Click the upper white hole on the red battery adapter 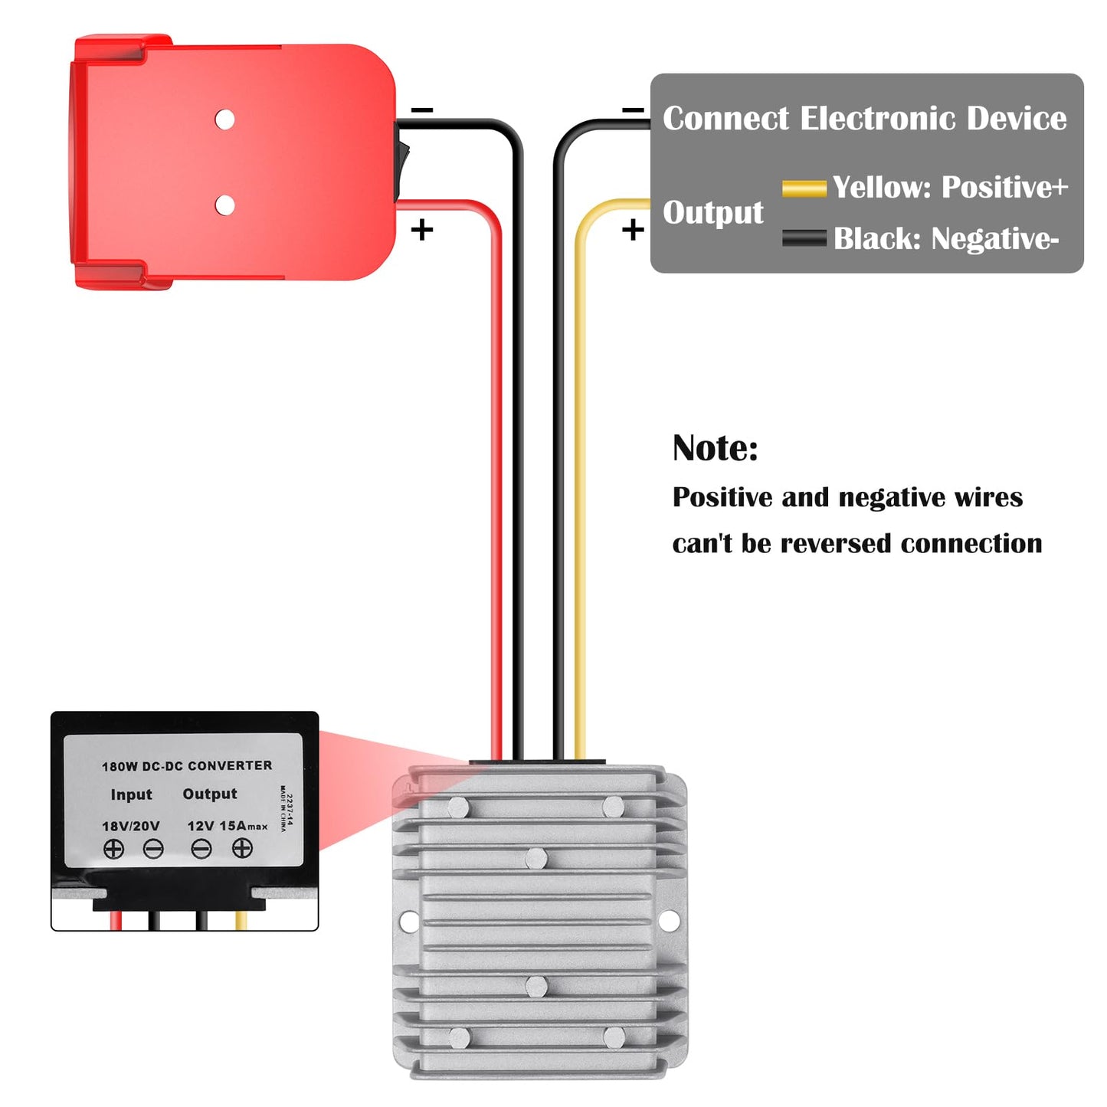click(x=224, y=120)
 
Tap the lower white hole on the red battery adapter click(x=224, y=205)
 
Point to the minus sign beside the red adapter click(x=422, y=110)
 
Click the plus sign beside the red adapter click(x=422, y=231)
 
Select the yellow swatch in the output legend click(x=804, y=188)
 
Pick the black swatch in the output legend click(x=804, y=237)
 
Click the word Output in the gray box click(x=713, y=213)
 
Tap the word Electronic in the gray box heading click(x=878, y=118)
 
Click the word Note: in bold click(x=716, y=447)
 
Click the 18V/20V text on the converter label click(x=131, y=826)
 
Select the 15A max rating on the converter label click(x=244, y=826)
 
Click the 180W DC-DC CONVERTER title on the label click(x=187, y=766)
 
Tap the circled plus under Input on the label click(x=113, y=849)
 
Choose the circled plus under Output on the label click(x=242, y=847)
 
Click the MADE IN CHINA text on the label click(x=283, y=809)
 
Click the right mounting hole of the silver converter click(x=668, y=921)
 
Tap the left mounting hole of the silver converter click(x=408, y=922)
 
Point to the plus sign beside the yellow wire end click(x=633, y=231)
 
